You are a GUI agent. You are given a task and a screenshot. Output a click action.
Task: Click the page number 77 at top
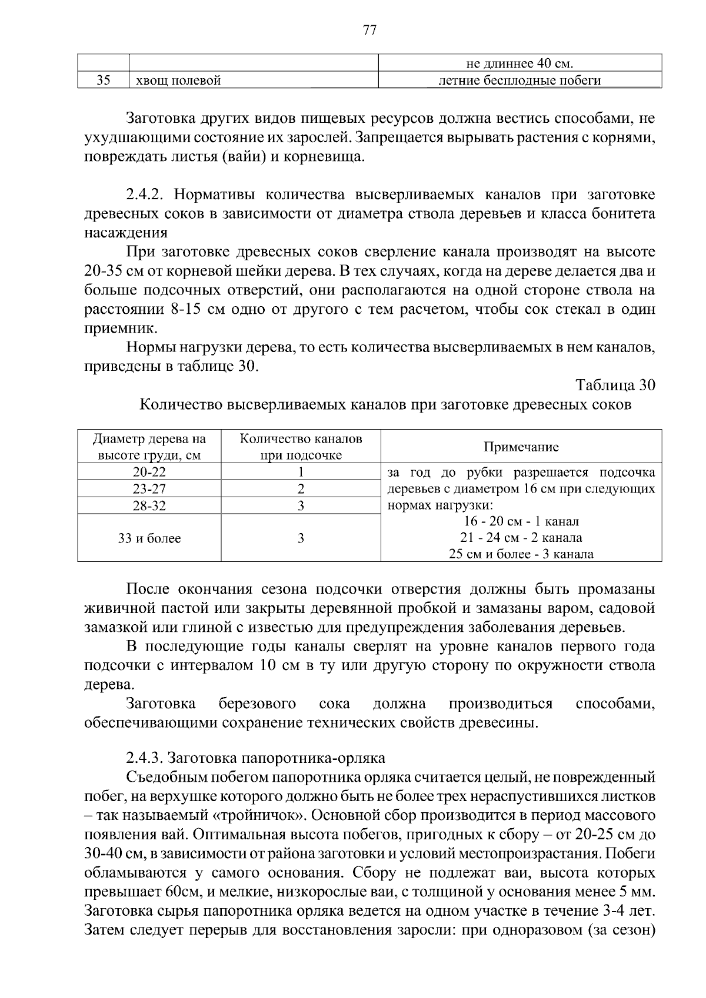tap(369, 31)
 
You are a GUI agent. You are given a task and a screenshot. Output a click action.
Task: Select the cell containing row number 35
tap(104, 81)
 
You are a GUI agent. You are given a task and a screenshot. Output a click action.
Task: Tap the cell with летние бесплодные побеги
tap(520, 81)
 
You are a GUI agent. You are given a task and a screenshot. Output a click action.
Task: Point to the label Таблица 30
tap(615, 385)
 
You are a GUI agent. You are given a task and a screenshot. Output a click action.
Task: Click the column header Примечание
tap(521, 447)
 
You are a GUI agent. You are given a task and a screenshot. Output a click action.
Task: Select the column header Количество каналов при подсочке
tap(301, 447)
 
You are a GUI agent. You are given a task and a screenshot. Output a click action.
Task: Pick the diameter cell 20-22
tap(149, 472)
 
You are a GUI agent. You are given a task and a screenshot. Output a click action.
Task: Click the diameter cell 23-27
tap(149, 488)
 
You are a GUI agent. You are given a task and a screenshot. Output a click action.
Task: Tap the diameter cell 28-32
tap(149, 505)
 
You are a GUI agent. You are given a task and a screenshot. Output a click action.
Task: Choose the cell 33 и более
tap(149, 538)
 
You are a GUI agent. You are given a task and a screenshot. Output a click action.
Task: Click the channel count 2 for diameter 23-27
tap(301, 488)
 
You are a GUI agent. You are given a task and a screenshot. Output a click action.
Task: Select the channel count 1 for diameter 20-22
tap(301, 472)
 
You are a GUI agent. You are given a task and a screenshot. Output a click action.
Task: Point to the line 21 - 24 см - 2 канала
tap(521, 537)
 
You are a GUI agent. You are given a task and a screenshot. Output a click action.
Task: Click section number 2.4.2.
tap(146, 195)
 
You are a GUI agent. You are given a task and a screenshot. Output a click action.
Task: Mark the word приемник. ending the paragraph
tap(113, 328)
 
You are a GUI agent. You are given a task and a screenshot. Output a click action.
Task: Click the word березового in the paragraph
tap(257, 704)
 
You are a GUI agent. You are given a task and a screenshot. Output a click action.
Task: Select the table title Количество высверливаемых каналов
tap(385, 404)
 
